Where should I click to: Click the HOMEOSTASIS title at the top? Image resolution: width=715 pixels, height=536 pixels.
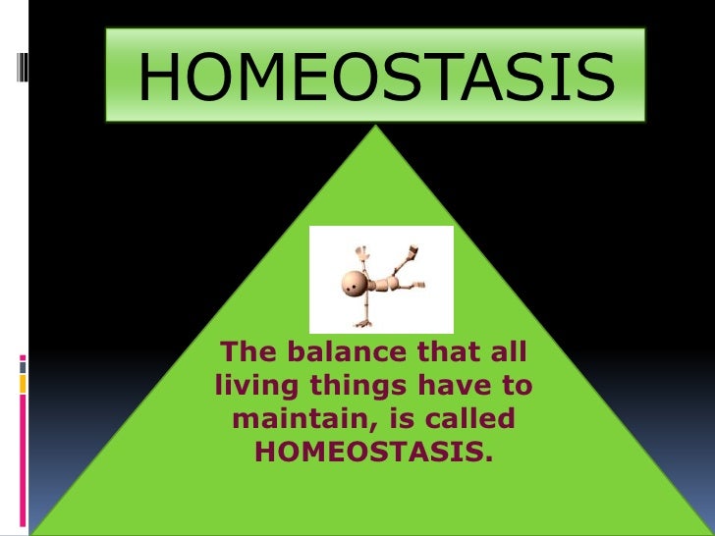pos(376,76)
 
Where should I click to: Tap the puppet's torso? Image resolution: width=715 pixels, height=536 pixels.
pos(386,283)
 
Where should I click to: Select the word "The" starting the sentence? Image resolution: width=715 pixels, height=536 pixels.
pos(245,351)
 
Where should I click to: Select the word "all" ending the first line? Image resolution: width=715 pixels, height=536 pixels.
pos(511,351)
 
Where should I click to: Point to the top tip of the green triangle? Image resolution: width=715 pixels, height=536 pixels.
pos(375,127)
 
